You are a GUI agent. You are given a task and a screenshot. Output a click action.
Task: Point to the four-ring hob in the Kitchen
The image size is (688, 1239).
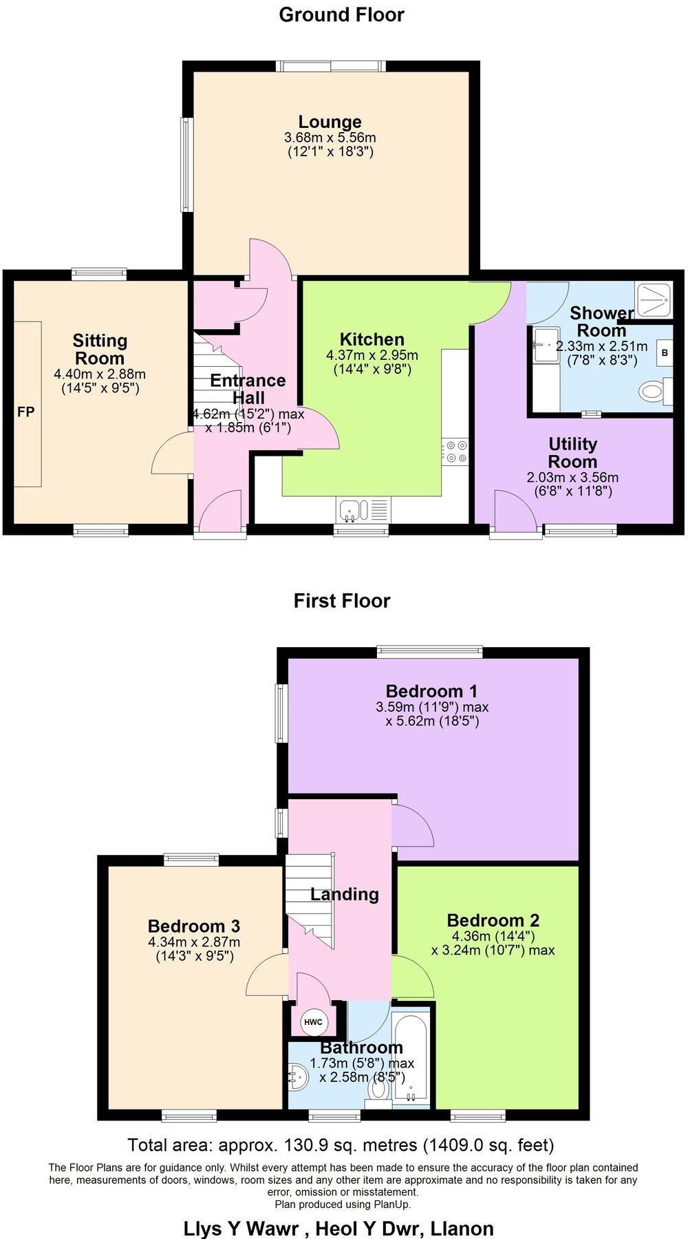(455, 452)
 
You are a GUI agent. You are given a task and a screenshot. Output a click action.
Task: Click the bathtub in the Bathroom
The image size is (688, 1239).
(411, 1059)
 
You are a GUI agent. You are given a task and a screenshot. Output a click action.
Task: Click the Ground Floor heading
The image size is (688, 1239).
(341, 14)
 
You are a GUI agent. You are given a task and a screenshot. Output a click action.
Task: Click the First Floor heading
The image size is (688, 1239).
(342, 601)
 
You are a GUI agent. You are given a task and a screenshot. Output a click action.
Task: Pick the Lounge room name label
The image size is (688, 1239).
(330, 122)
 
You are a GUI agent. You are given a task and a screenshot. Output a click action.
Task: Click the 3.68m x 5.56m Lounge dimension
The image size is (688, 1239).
(330, 138)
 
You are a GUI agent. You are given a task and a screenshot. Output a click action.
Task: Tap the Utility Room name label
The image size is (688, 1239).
(572, 452)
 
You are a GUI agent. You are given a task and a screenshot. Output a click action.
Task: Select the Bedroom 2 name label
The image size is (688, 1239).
(493, 920)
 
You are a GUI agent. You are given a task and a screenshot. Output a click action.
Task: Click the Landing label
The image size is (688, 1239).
(344, 894)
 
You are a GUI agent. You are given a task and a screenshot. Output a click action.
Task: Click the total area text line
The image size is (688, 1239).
(341, 1145)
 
